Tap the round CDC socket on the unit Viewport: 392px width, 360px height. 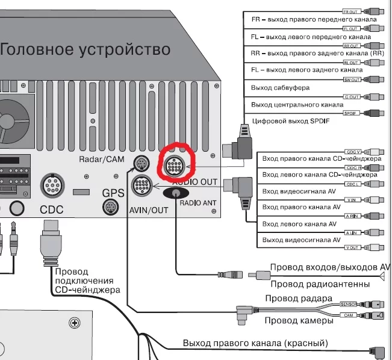pyautogui.click(x=52, y=185)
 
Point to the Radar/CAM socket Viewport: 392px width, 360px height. pyautogui.click(x=140, y=163)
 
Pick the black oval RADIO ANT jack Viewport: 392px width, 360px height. pyautogui.click(x=176, y=193)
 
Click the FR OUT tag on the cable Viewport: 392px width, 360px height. pyautogui.click(x=350, y=12)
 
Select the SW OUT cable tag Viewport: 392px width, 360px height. pyautogui.click(x=350, y=79)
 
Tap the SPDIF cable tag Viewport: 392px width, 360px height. pyautogui.click(x=350, y=113)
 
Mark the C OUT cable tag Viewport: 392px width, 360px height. pyautogui.click(x=350, y=96)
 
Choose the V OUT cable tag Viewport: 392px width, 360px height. pyautogui.click(x=352, y=248)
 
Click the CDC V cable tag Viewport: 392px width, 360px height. pyautogui.click(x=353, y=152)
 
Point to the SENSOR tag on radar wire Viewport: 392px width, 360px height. pyautogui.click(x=349, y=305)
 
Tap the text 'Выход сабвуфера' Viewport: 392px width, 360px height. pyautogui.click(x=280, y=88)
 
